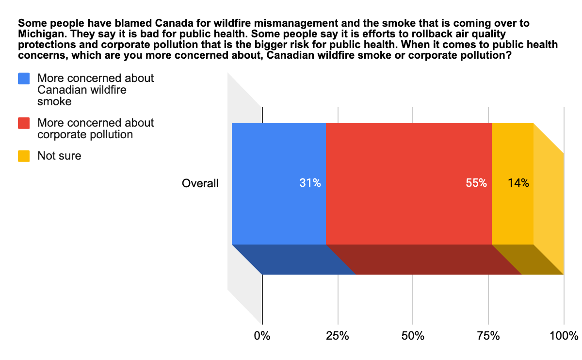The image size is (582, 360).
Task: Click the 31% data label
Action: click(x=310, y=183)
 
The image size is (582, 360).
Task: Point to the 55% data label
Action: click(x=476, y=183)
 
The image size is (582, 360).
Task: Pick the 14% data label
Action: click(x=518, y=183)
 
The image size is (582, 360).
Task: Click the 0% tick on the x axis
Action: click(x=262, y=335)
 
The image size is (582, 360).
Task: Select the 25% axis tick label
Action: click(x=338, y=335)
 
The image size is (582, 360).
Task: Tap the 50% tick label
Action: click(x=413, y=335)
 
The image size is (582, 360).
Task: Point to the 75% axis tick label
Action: click(x=488, y=335)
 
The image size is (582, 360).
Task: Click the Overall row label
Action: click(x=200, y=183)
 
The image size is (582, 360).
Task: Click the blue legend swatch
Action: click(x=24, y=78)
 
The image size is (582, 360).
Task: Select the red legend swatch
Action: click(x=24, y=123)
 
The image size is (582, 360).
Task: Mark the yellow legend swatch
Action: click(x=24, y=156)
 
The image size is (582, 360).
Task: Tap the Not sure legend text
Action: click(x=59, y=156)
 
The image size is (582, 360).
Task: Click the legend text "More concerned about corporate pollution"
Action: click(x=95, y=129)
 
